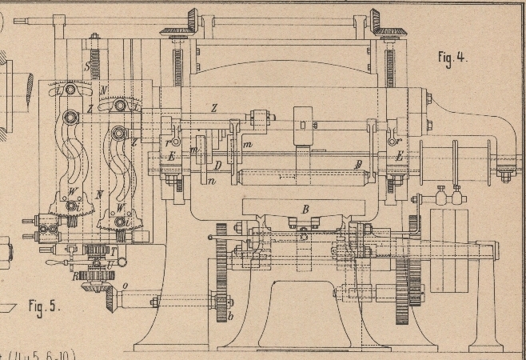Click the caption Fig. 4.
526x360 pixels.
[452, 58]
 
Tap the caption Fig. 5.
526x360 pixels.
[45, 305]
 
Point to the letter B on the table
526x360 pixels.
[305, 210]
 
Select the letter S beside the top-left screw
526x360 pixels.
[87, 66]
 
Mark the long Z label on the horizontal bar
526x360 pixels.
[213, 108]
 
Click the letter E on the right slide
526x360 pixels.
[399, 158]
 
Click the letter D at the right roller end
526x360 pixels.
[359, 163]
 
